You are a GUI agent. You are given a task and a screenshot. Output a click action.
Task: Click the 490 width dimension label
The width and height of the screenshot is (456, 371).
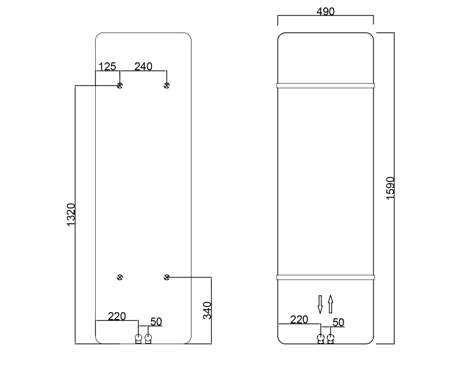pyautogui.click(x=325, y=12)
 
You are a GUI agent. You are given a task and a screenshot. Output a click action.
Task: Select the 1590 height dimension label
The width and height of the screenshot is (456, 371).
pyautogui.click(x=390, y=187)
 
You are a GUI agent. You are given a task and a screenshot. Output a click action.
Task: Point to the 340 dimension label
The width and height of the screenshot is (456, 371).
pyautogui.click(x=207, y=310)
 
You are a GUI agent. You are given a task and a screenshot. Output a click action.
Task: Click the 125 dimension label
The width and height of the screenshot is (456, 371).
pyautogui.click(x=107, y=67)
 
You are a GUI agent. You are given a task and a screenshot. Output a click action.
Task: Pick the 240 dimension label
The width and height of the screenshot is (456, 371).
pyautogui.click(x=143, y=67)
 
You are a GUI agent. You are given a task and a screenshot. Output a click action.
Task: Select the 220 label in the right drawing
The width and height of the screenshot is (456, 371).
pyautogui.click(x=299, y=320)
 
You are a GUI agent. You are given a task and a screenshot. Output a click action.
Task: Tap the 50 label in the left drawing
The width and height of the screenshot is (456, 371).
pyautogui.click(x=156, y=322)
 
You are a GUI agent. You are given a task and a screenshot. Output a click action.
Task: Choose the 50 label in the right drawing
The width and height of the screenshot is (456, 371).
pyautogui.click(x=338, y=322)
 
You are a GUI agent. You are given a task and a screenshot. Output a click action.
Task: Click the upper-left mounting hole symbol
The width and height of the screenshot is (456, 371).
pyautogui.click(x=120, y=86)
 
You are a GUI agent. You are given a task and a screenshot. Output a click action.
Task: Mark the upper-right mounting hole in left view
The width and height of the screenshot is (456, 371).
pyautogui.click(x=166, y=86)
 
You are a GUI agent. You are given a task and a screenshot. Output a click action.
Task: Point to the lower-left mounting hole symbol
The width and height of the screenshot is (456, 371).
pyautogui.click(x=120, y=277)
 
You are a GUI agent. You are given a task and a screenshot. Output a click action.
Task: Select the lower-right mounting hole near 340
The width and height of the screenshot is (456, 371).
pyautogui.click(x=166, y=277)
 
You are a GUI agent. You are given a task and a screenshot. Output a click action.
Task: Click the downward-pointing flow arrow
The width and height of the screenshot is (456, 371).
pyautogui.click(x=320, y=304)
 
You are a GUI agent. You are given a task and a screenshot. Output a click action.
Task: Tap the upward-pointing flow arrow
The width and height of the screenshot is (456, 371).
pyautogui.click(x=330, y=304)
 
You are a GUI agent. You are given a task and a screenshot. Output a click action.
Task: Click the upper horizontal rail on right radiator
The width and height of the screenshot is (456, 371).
pyautogui.click(x=325, y=86)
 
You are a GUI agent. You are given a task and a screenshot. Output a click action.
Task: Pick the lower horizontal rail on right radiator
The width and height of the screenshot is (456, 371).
pyautogui.click(x=325, y=277)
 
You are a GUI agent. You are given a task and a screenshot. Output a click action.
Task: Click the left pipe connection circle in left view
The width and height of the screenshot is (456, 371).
pyautogui.click(x=138, y=338)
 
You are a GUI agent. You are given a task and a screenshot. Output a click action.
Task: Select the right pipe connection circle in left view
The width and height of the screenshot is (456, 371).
pyautogui.click(x=148, y=338)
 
